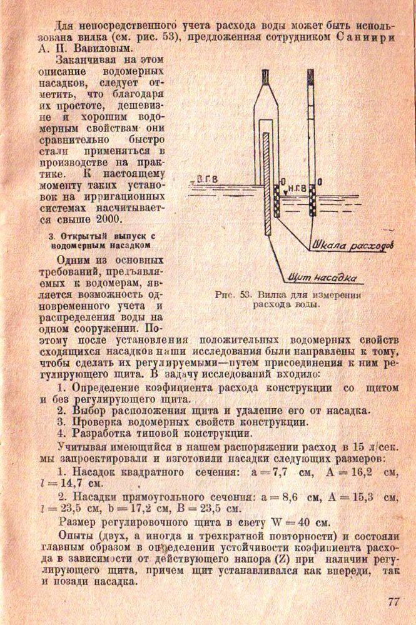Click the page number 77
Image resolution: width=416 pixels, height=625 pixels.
(393, 602)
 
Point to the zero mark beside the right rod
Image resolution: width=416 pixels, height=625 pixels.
(320, 182)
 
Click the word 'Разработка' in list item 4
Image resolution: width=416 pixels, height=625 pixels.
(103, 432)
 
